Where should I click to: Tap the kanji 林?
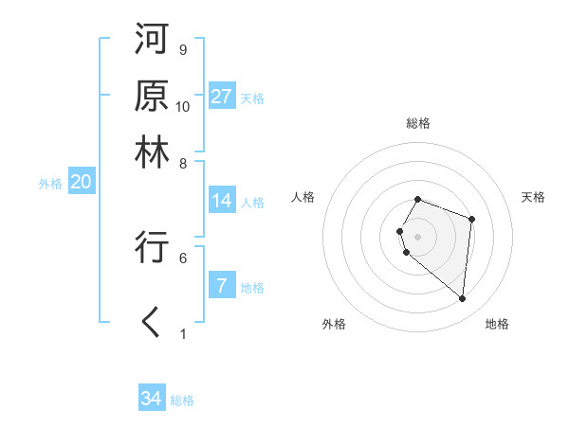(x=152, y=151)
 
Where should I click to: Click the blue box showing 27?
(x=222, y=97)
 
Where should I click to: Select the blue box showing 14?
(x=222, y=201)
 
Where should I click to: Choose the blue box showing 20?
(x=81, y=183)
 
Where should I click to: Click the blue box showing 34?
(x=152, y=399)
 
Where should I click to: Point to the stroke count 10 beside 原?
(x=183, y=106)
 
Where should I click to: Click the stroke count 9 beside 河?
(x=182, y=49)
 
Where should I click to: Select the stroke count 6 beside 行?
(x=182, y=257)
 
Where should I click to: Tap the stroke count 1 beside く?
(x=182, y=333)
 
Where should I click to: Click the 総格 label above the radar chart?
(x=418, y=123)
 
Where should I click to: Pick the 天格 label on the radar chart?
(x=534, y=197)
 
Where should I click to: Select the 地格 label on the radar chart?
(x=497, y=324)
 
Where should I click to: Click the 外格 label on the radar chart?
(x=334, y=324)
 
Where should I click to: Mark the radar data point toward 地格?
(x=463, y=299)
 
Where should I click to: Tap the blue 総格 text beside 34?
(x=182, y=400)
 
